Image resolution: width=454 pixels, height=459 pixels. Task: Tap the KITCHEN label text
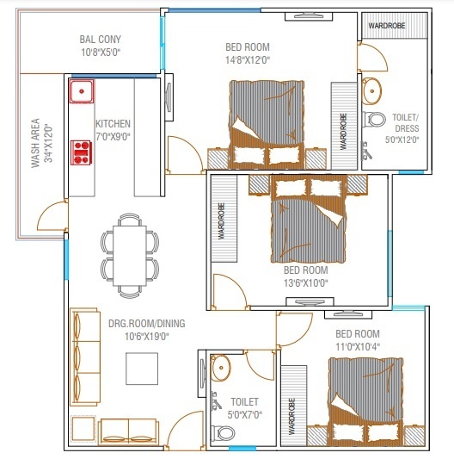click(113, 124)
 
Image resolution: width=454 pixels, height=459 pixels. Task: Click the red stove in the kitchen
click(83, 152)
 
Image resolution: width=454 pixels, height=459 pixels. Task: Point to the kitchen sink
click(83, 90)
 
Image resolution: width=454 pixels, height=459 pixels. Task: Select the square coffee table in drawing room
click(142, 369)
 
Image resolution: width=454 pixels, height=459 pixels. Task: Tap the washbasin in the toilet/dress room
click(373, 89)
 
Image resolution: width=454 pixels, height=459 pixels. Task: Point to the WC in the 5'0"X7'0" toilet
click(219, 431)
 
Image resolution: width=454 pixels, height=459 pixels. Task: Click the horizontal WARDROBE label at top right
click(386, 26)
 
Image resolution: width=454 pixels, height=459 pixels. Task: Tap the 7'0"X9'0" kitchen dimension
click(113, 137)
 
